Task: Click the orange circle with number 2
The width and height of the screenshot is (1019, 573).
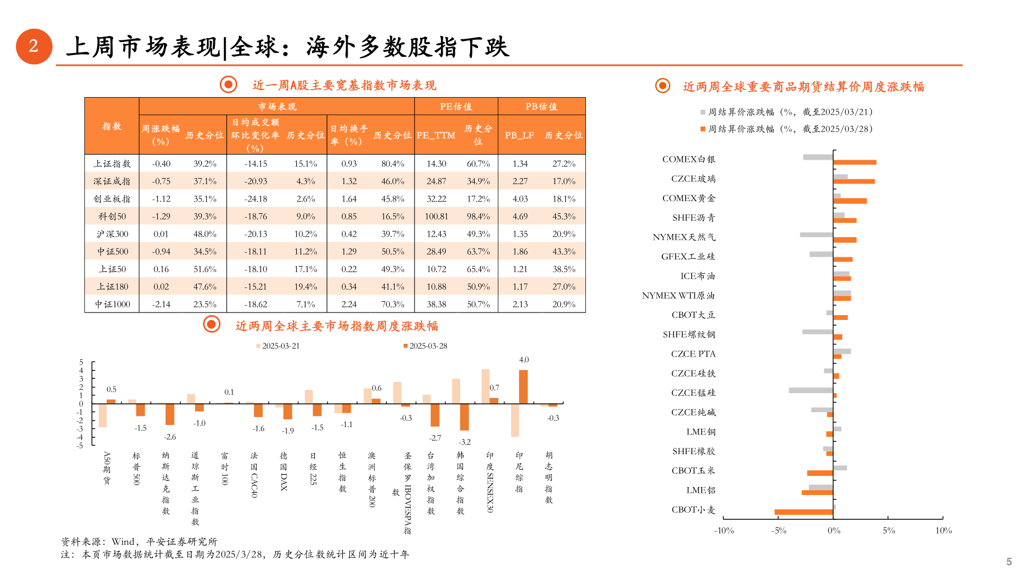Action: pyautogui.click(x=34, y=47)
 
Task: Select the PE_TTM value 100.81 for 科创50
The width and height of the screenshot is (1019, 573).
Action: pyautogui.click(x=436, y=216)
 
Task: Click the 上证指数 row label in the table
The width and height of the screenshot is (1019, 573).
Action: pyautogui.click(x=112, y=164)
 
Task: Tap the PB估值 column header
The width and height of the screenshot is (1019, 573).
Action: pyautogui.click(x=541, y=107)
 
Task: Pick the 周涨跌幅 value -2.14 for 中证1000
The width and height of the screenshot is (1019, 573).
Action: pyautogui.click(x=161, y=305)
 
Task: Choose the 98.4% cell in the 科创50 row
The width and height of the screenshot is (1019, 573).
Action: pyautogui.click(x=478, y=216)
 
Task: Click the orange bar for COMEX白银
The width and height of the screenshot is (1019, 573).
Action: pyautogui.click(x=854, y=162)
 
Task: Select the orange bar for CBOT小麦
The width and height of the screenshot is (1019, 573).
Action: pyautogui.click(x=804, y=512)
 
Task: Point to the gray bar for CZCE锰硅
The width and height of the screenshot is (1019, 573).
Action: pyautogui.click(x=810, y=390)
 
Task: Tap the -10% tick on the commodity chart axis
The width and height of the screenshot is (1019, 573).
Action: pyautogui.click(x=724, y=531)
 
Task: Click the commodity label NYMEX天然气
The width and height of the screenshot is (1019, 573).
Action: pyautogui.click(x=684, y=237)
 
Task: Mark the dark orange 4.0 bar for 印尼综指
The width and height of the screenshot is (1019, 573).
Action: pyautogui.click(x=523, y=387)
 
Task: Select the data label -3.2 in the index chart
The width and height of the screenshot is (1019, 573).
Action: pyautogui.click(x=464, y=442)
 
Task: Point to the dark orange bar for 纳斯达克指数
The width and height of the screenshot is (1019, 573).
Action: pyautogui.click(x=170, y=414)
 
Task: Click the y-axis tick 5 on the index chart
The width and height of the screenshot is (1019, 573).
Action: pyautogui.click(x=81, y=362)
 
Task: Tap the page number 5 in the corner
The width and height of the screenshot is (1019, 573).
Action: pyautogui.click(x=1009, y=561)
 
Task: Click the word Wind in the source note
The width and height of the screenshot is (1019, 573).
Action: pyautogui.click(x=123, y=542)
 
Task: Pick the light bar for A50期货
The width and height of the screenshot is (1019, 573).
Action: pyautogui.click(x=102, y=415)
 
